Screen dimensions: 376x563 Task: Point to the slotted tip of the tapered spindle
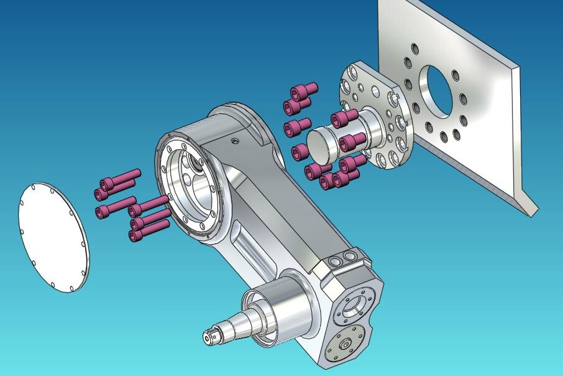point(209,336)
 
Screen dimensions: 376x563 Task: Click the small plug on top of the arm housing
point(235,141)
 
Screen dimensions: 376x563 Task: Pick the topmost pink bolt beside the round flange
point(304,90)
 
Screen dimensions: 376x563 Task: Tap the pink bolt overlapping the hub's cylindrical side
point(352,142)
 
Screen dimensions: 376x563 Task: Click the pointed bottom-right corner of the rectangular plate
point(533,215)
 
